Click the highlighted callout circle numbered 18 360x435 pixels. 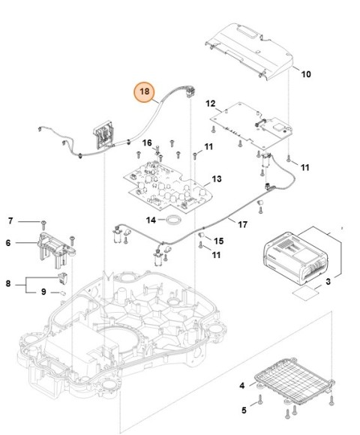(145, 92)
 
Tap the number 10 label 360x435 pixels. (306, 74)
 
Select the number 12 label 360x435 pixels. (210, 103)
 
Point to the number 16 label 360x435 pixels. (147, 142)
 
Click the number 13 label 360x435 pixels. (216, 179)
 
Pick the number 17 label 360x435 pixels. (242, 223)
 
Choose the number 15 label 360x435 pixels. (219, 241)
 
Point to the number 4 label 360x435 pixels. (242, 386)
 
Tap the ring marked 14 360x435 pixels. (174, 220)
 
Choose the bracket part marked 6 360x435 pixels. (55, 245)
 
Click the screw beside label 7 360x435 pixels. (46, 222)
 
